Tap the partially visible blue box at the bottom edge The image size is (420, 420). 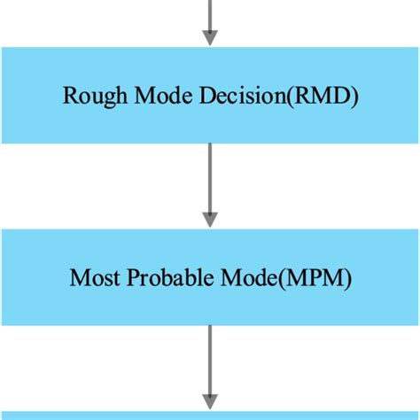210,415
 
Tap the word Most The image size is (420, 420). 90,279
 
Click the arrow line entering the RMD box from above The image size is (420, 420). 210,13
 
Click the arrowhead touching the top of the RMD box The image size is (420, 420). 210,37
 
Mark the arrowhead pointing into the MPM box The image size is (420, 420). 210,219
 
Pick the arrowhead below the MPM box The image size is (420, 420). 210,401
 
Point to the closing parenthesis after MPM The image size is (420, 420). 348,279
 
